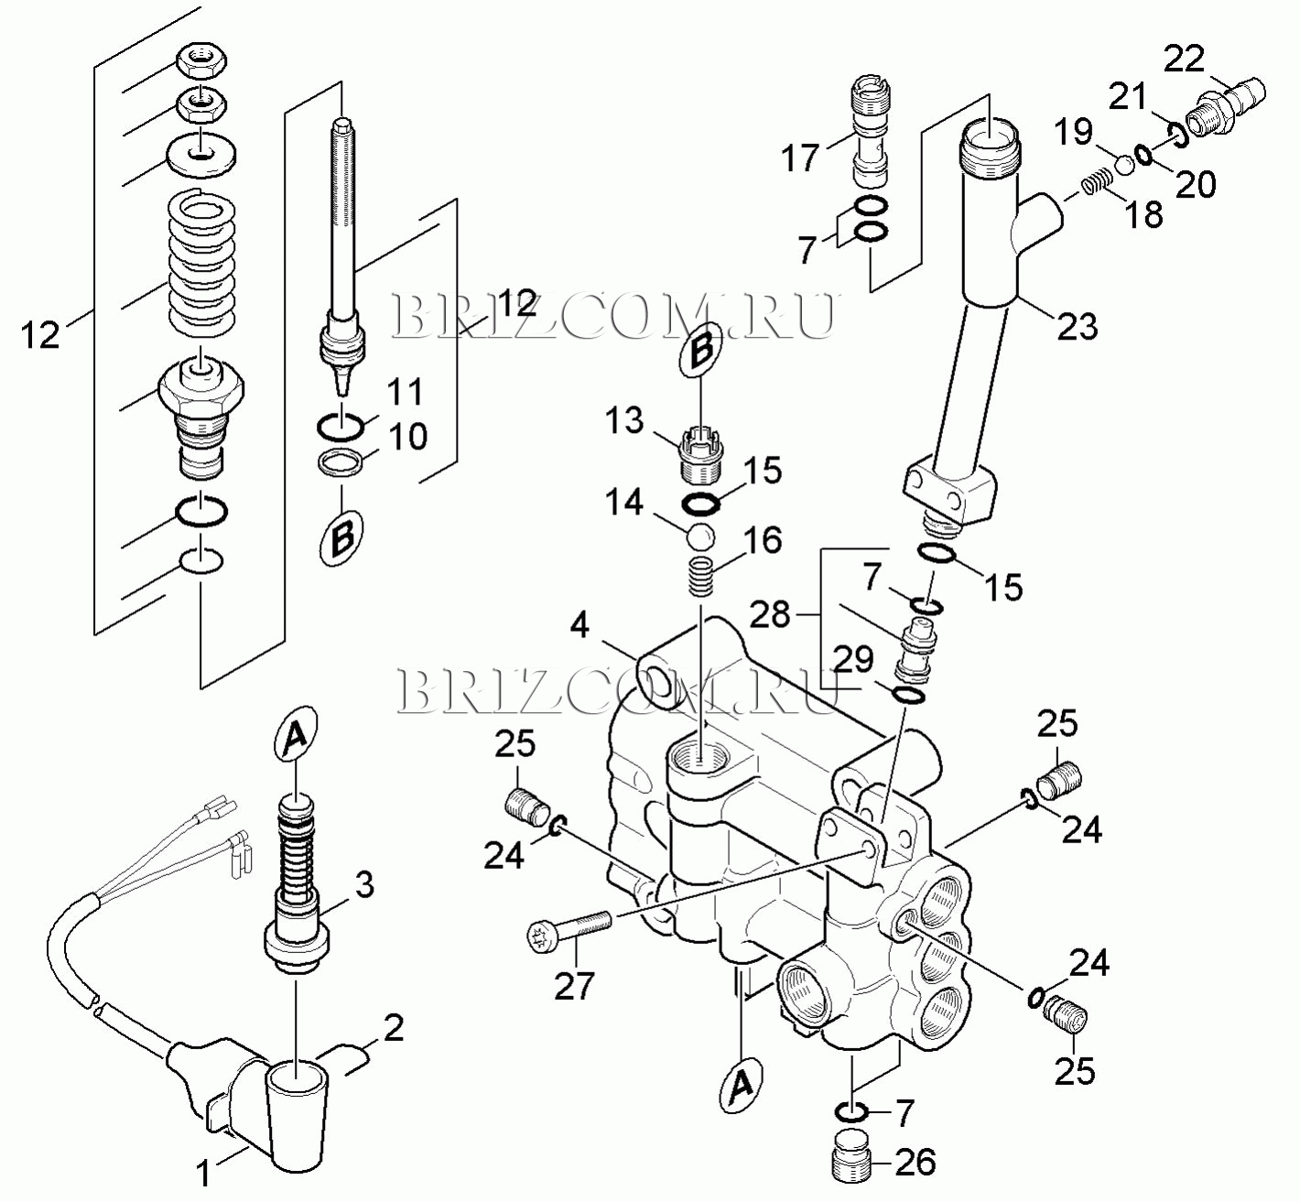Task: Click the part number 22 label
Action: click(x=1184, y=60)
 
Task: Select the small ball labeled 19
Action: click(x=1124, y=165)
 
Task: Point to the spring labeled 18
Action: click(x=1094, y=184)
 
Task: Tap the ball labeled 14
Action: click(x=699, y=536)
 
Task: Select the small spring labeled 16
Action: click(x=701, y=576)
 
